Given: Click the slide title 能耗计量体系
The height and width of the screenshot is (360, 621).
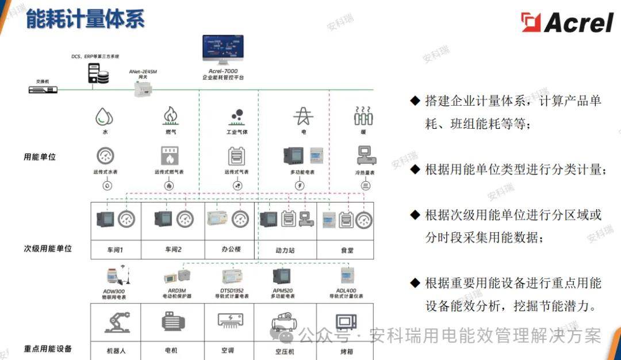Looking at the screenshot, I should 85,18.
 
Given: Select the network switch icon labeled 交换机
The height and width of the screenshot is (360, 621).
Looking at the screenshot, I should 44,89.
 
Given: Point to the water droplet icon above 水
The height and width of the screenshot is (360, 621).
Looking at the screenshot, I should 105,117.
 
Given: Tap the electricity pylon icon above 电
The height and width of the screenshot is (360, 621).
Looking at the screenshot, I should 304,116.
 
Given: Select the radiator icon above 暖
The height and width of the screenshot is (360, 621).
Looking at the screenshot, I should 363,116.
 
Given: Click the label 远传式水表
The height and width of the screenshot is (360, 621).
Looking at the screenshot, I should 105,172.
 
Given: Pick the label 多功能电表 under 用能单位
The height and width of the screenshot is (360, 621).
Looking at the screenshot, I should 303,172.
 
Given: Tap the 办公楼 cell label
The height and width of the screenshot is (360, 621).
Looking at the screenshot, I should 230,250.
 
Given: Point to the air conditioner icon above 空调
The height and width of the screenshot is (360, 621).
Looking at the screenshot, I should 231,321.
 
